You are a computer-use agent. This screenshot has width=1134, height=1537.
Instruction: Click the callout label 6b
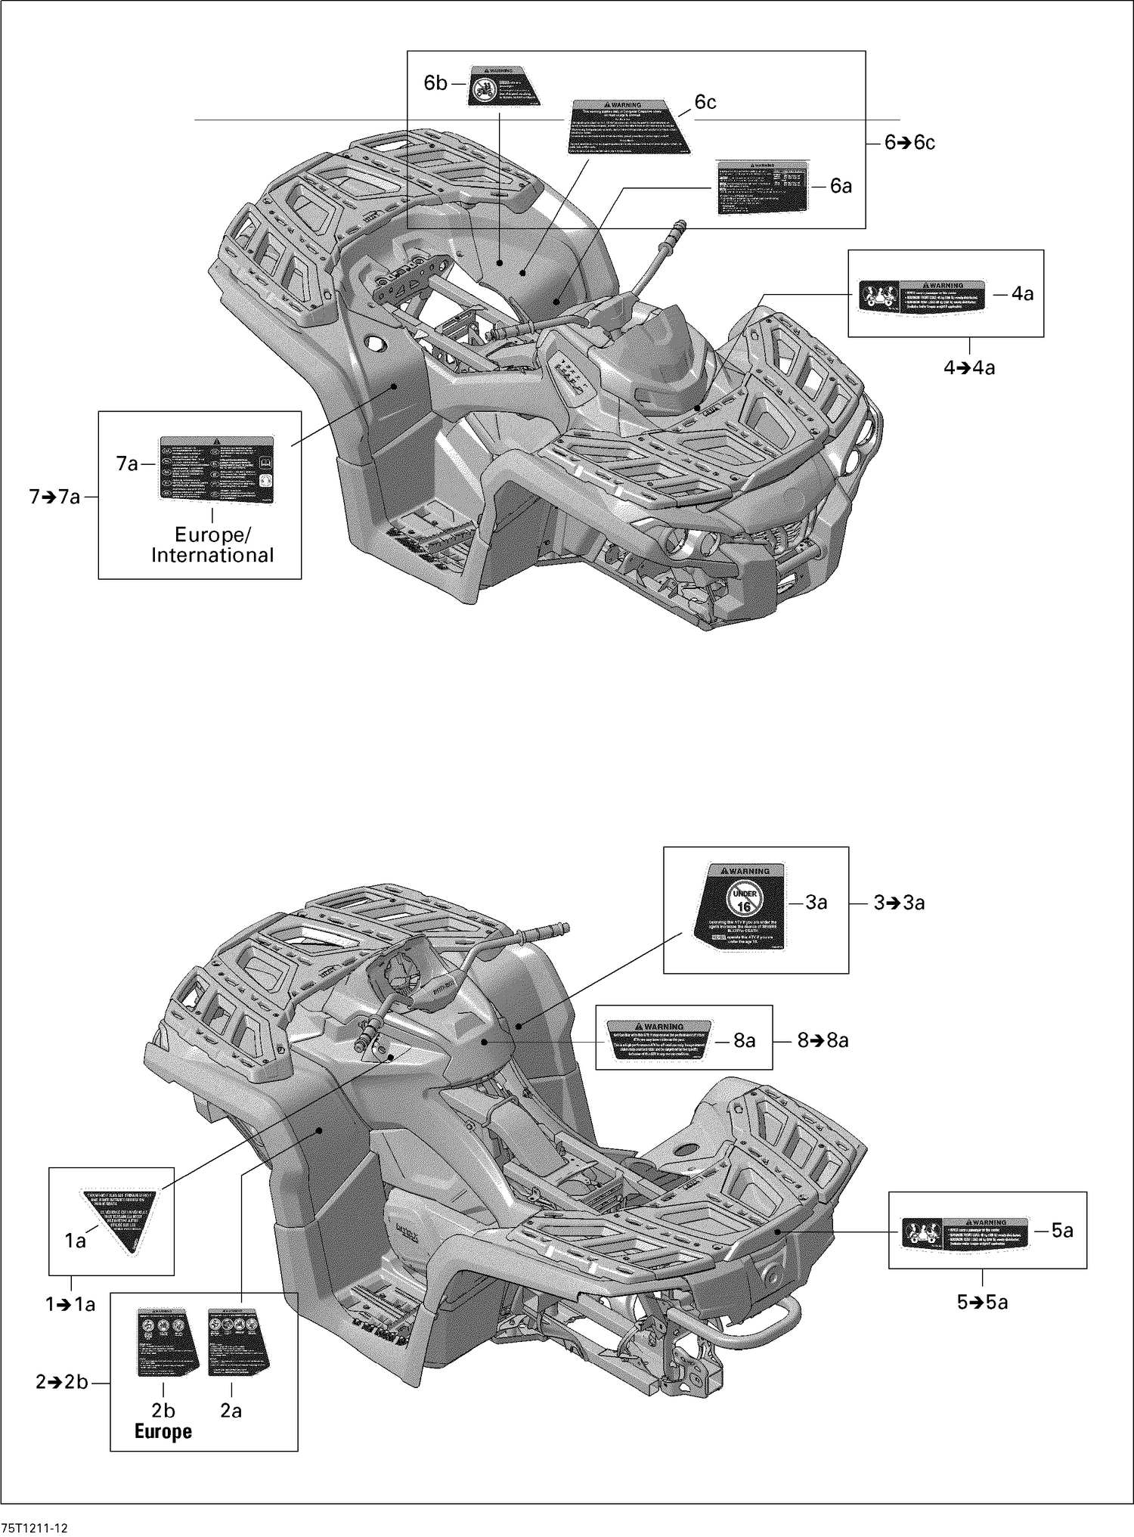(x=435, y=83)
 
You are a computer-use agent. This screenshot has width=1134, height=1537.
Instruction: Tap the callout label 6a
(x=841, y=186)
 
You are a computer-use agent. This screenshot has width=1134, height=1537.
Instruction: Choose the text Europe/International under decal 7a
(x=212, y=545)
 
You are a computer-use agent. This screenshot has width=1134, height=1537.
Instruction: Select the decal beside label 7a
(x=216, y=469)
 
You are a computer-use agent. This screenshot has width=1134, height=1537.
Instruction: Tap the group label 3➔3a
(x=899, y=903)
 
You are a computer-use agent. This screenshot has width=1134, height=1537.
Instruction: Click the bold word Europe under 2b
(x=163, y=1431)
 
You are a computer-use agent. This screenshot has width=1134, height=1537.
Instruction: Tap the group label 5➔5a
(x=982, y=1302)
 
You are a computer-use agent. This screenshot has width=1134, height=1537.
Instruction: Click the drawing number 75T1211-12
(x=35, y=1527)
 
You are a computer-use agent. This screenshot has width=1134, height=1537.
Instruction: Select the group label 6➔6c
(x=910, y=143)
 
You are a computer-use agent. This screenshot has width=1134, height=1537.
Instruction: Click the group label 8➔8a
(x=823, y=1041)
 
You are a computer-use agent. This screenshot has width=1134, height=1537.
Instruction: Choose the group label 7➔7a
(x=54, y=497)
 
